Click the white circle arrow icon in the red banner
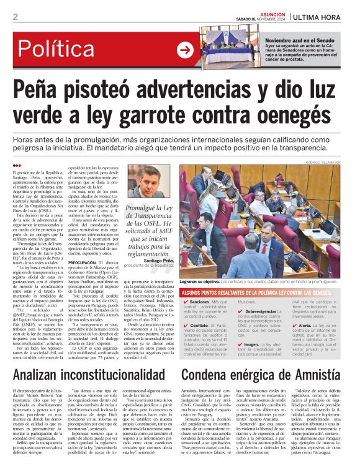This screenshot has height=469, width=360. tap(185, 50)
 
